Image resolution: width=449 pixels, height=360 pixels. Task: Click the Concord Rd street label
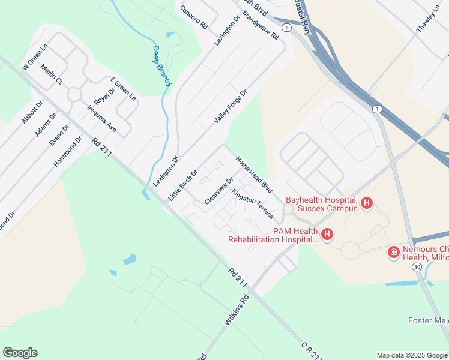[x=193, y=18]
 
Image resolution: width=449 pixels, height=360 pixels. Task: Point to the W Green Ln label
[x=35, y=57]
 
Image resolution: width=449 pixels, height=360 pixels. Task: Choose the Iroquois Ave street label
[x=101, y=118]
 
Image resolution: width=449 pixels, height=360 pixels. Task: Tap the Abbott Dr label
[x=32, y=112]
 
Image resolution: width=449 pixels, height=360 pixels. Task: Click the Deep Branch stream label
[x=161, y=66]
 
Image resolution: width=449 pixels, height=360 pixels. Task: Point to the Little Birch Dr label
[x=182, y=185]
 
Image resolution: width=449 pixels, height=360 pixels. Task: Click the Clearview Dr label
[x=218, y=191]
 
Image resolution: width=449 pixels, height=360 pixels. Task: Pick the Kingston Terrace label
[x=253, y=205]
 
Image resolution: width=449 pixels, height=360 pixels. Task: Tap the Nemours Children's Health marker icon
[x=394, y=252]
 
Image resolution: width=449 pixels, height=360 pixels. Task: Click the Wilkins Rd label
[x=237, y=310]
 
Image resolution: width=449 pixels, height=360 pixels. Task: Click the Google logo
[x=20, y=353]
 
